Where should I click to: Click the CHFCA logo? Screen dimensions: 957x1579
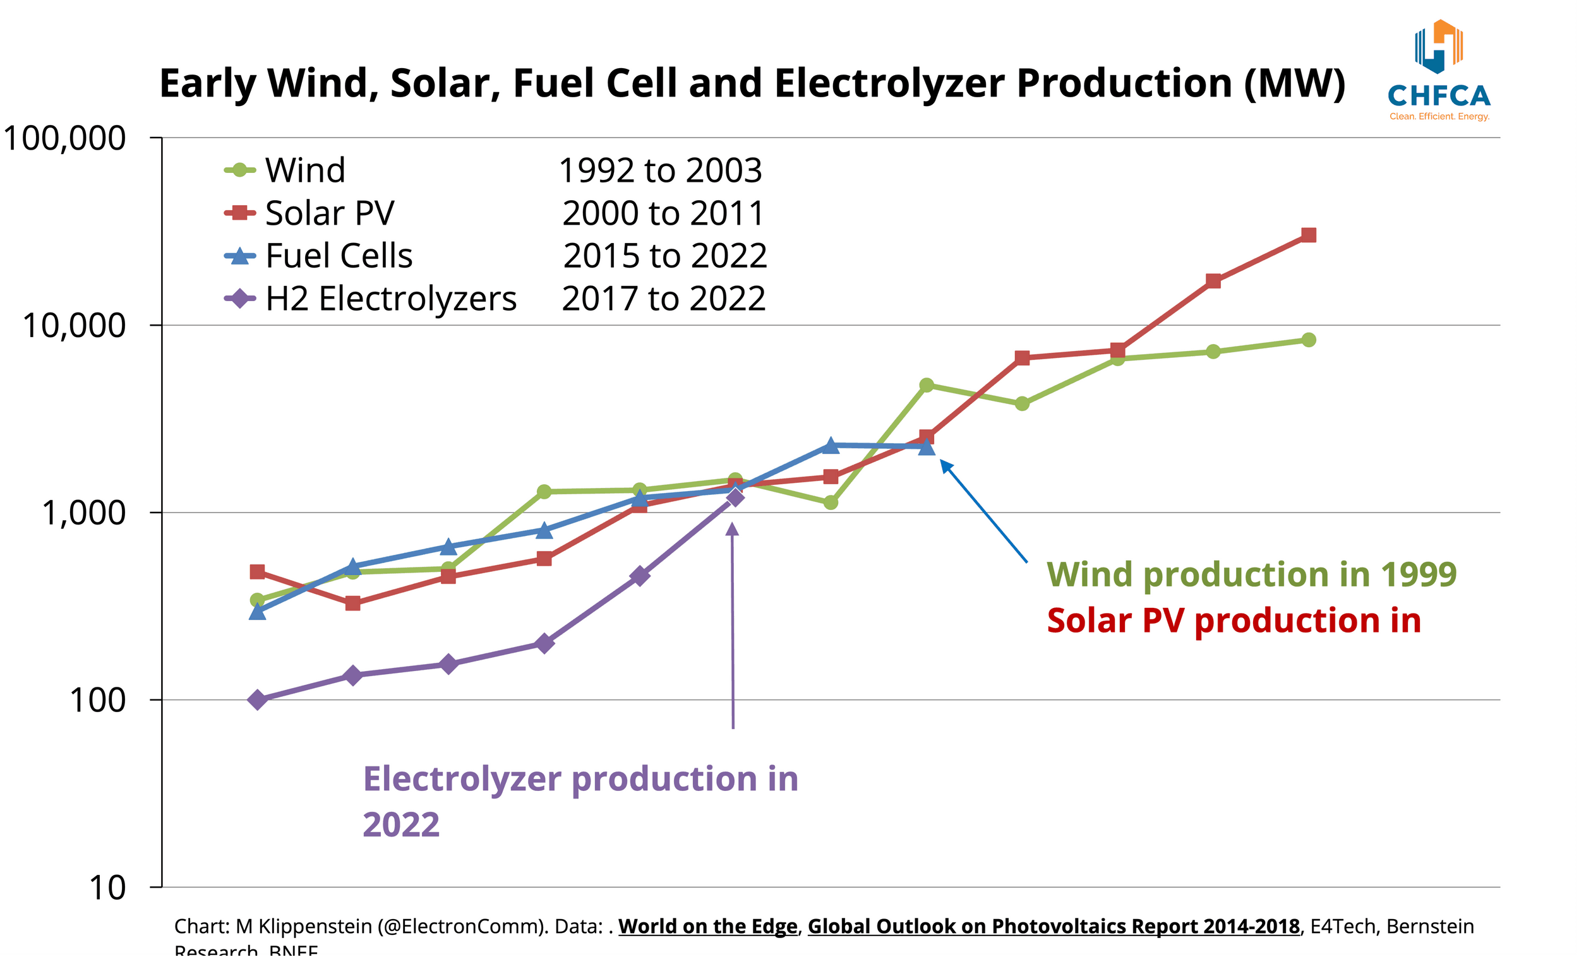pos(1439,71)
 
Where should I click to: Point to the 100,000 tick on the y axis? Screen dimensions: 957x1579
pos(64,138)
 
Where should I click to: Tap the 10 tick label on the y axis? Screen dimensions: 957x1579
pos(107,888)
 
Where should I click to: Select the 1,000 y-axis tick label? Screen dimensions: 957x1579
pos(83,513)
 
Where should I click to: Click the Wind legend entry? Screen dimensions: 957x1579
pos(285,170)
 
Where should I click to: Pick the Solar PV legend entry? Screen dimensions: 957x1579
pos(309,213)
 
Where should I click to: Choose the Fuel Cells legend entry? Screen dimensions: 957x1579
pos(318,256)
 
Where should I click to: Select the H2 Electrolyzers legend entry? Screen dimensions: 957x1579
pos(370,299)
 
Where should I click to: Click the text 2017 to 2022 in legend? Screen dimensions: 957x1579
pos(663,299)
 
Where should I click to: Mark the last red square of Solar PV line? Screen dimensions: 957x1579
pos(1309,235)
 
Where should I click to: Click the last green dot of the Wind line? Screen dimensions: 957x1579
pos(1309,340)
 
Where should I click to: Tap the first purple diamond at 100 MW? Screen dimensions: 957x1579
pos(258,700)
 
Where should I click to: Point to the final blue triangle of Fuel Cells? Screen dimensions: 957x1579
pos(927,447)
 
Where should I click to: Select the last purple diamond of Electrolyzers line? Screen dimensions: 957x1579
pos(735,497)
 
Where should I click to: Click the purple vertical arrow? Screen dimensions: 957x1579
pos(733,627)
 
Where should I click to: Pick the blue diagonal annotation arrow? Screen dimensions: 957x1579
pos(983,512)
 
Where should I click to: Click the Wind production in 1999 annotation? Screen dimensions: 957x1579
pos(1252,574)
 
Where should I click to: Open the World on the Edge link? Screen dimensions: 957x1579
pos(707,927)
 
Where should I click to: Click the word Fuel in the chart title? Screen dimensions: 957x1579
pos(555,83)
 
